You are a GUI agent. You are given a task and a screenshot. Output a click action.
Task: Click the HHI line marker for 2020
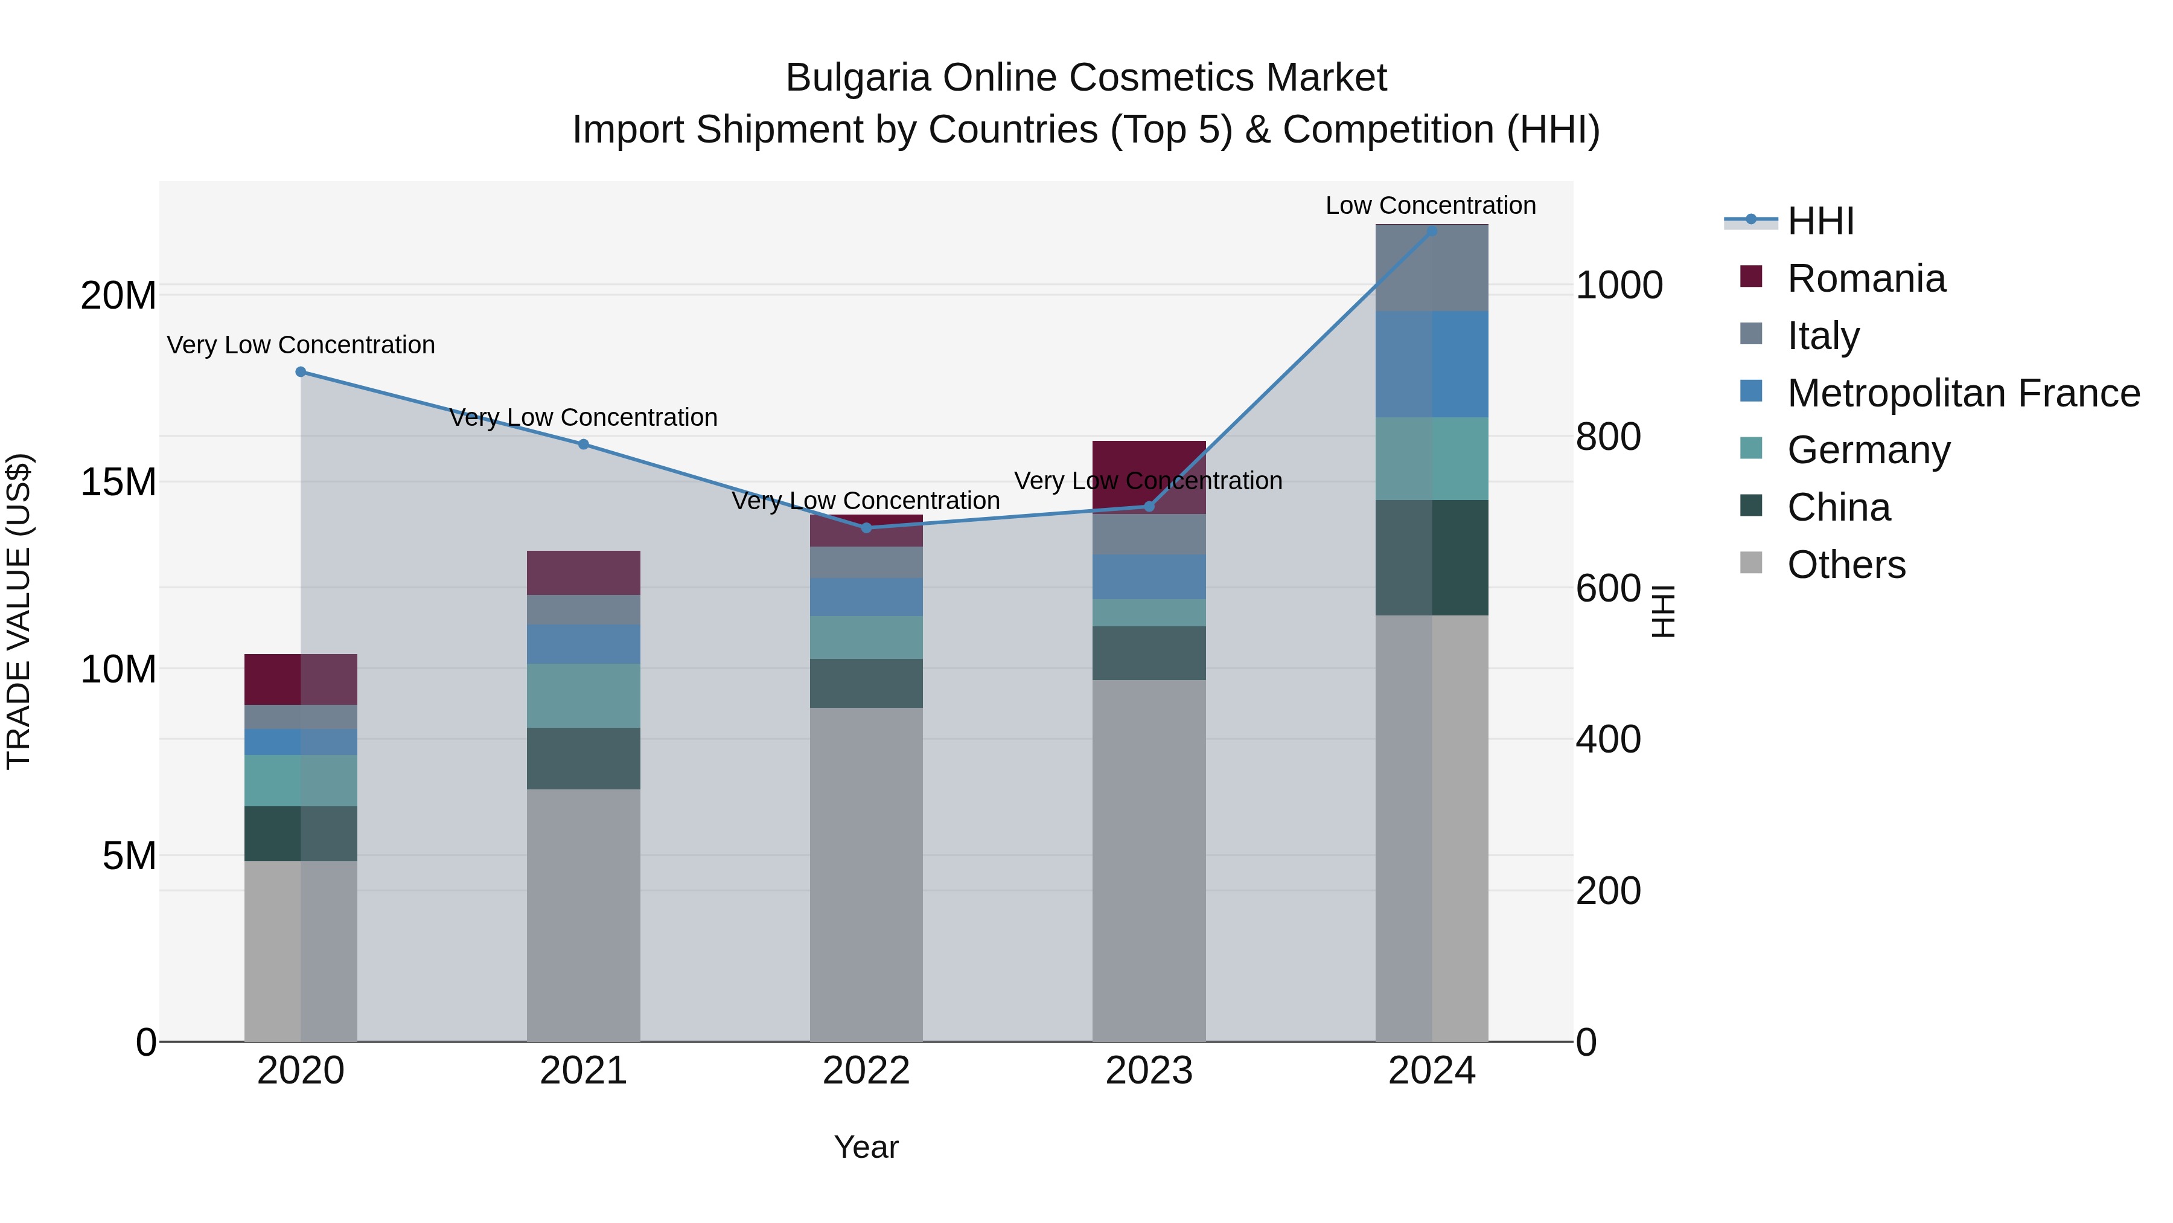[x=301, y=372]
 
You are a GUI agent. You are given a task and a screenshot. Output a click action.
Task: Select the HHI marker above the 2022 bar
[x=866, y=528]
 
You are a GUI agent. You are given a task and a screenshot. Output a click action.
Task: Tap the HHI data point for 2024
[x=1432, y=231]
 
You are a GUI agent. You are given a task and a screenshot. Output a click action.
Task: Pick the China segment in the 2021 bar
[x=583, y=758]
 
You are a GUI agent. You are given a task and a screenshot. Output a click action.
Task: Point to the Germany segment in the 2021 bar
[x=583, y=696]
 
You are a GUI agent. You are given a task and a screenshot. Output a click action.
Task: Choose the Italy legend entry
[x=1823, y=336]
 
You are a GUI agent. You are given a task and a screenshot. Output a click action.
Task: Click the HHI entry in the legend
[x=1820, y=221]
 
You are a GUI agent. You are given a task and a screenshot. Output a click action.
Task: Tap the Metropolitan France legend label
[x=1963, y=393]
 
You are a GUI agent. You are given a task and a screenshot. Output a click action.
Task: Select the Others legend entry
[x=1846, y=565]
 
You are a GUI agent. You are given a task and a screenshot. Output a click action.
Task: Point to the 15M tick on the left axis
[x=118, y=483]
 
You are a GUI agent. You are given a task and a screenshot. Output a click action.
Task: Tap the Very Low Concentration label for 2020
[x=301, y=345]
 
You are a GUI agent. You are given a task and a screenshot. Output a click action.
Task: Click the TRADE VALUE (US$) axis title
[x=19, y=612]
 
